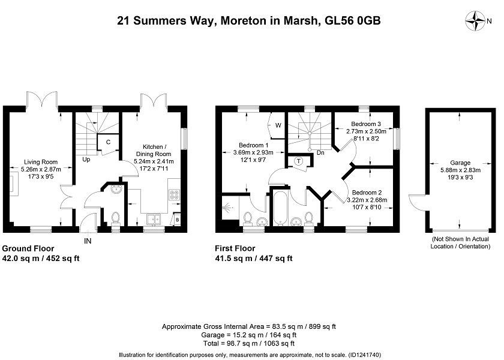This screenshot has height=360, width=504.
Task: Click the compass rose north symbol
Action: (475, 21)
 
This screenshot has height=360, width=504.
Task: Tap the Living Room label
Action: (41, 162)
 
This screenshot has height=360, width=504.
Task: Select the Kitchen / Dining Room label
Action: (154, 150)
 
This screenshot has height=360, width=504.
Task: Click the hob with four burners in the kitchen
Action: (175, 195)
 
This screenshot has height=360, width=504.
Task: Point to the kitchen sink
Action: (154, 219)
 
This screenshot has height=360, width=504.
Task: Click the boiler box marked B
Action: (177, 220)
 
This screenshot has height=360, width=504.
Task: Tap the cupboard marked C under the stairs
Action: (108, 142)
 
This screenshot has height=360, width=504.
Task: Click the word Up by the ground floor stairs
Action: (86, 159)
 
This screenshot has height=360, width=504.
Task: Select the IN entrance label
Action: (88, 241)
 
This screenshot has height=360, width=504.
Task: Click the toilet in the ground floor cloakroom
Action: (115, 218)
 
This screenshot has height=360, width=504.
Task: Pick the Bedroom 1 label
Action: (253, 145)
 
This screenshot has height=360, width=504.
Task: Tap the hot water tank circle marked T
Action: (299, 161)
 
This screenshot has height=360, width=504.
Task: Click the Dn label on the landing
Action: (320, 152)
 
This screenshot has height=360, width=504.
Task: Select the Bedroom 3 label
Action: (366, 124)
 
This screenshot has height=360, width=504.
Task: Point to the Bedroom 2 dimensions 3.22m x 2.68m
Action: (367, 200)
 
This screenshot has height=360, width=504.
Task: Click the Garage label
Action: (460, 163)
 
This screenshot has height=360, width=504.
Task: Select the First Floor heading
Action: (235, 248)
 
